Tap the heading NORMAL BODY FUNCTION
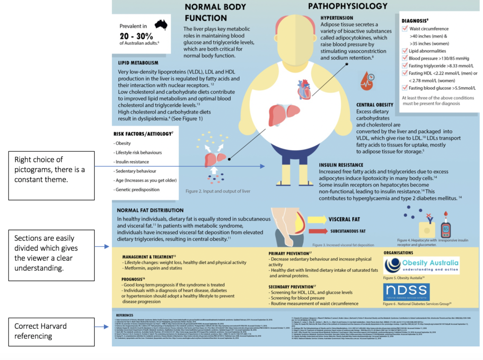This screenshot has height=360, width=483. [x=209, y=13]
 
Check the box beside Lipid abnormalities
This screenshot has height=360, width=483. [x=405, y=51]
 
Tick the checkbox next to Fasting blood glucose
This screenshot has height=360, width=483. [x=405, y=88]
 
